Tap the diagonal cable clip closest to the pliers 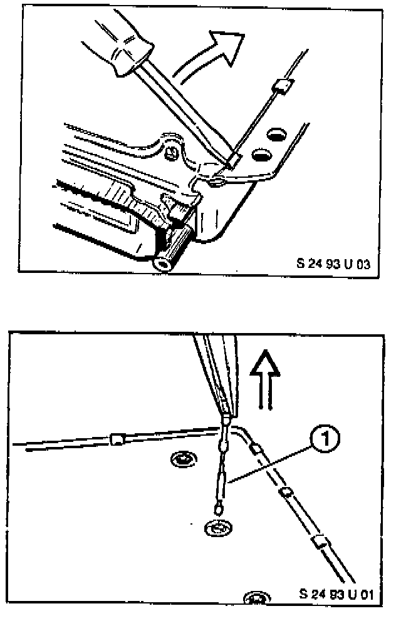pos(255,449)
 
